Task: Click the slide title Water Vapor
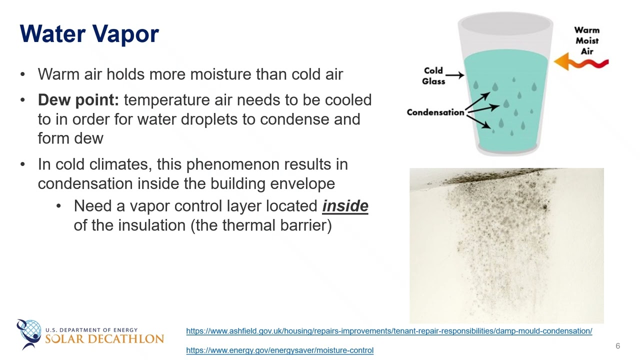(x=89, y=33)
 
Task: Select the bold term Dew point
(x=78, y=100)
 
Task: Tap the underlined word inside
(x=345, y=206)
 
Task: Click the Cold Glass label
(x=433, y=76)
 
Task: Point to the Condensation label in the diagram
(x=435, y=112)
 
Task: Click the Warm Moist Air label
(x=587, y=41)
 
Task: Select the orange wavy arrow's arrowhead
(x=561, y=61)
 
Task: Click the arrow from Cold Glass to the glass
(x=455, y=75)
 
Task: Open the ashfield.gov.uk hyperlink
(x=389, y=331)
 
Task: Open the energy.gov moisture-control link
(x=279, y=350)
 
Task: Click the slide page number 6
(x=617, y=346)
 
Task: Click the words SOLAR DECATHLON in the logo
(x=104, y=339)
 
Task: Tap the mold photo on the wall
(x=506, y=245)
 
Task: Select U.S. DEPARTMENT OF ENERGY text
(x=91, y=330)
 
